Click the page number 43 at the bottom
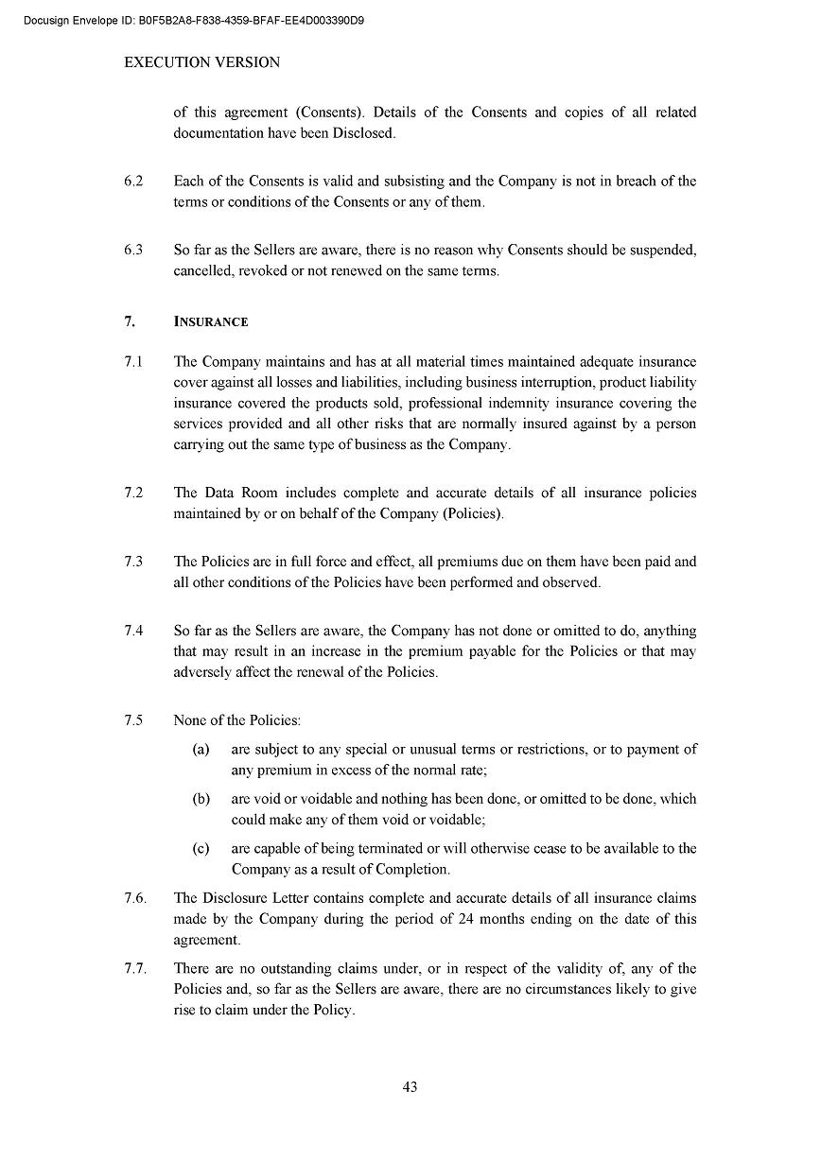pos(410,1086)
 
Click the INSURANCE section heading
pos(211,322)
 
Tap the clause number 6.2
pos(133,182)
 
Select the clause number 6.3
pos(133,251)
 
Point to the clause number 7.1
pos(133,362)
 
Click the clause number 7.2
pos(133,494)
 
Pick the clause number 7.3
pos(133,562)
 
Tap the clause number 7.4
pos(133,631)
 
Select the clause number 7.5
pos(133,720)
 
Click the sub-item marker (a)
pos(201,749)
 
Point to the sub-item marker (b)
pos(201,799)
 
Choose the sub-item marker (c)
pos(201,848)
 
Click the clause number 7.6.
pos(135,898)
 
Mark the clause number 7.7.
pos(135,968)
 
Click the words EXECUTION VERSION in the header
pos(202,62)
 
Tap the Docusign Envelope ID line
pos(194,19)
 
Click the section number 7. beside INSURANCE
pos(130,322)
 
